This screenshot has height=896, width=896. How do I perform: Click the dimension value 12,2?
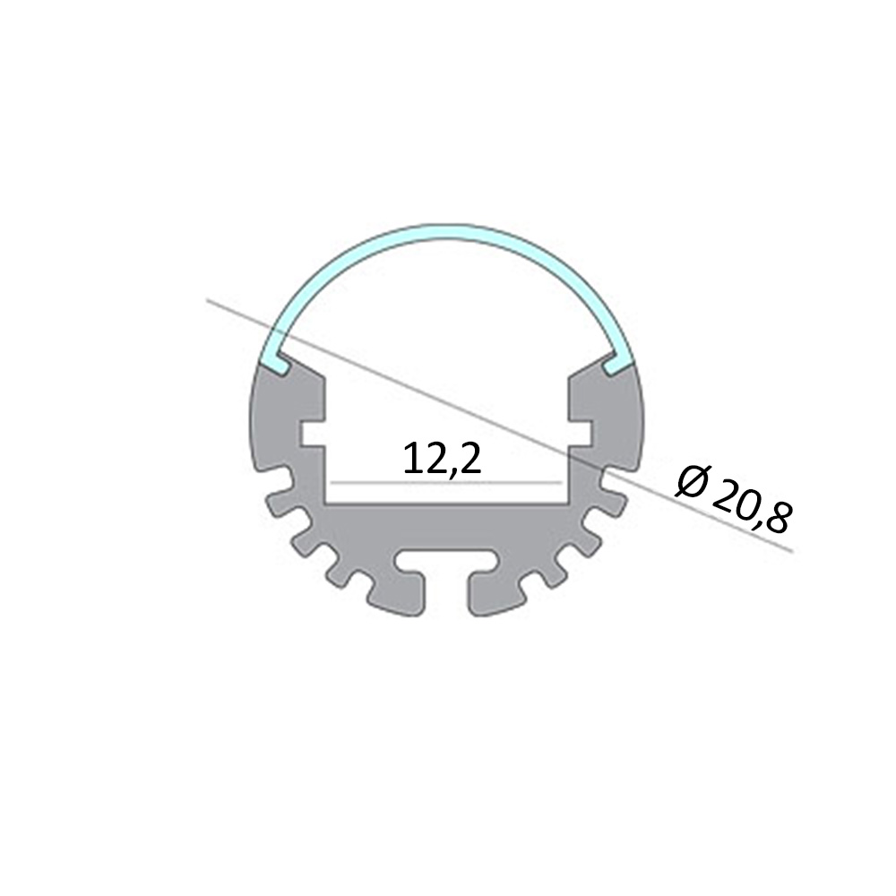(442, 459)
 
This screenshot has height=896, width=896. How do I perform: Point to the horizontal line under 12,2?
(445, 483)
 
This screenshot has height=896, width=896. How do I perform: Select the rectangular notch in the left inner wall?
(312, 434)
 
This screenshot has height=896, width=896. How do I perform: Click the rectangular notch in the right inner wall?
(581, 434)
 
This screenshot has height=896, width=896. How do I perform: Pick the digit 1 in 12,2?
(411, 459)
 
